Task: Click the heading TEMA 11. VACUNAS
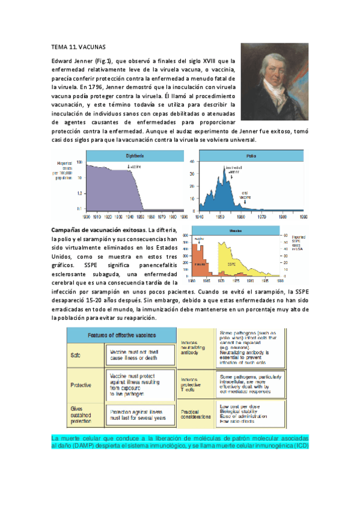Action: (x=79, y=46)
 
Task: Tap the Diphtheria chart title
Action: (x=117, y=156)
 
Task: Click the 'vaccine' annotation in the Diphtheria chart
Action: (x=133, y=166)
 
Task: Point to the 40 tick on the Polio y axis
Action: (x=192, y=162)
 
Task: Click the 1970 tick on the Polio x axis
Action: (x=261, y=215)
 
